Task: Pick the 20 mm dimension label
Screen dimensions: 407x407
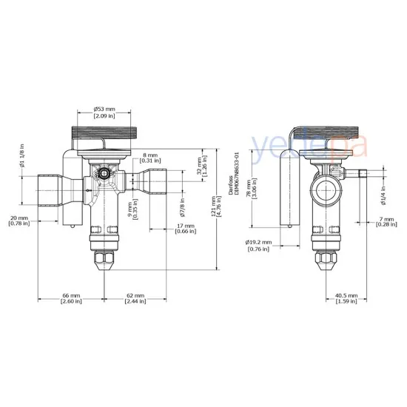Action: coord(19,218)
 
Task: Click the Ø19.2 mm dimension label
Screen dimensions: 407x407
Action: coord(259,241)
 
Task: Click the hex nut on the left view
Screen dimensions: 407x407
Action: coord(102,262)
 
